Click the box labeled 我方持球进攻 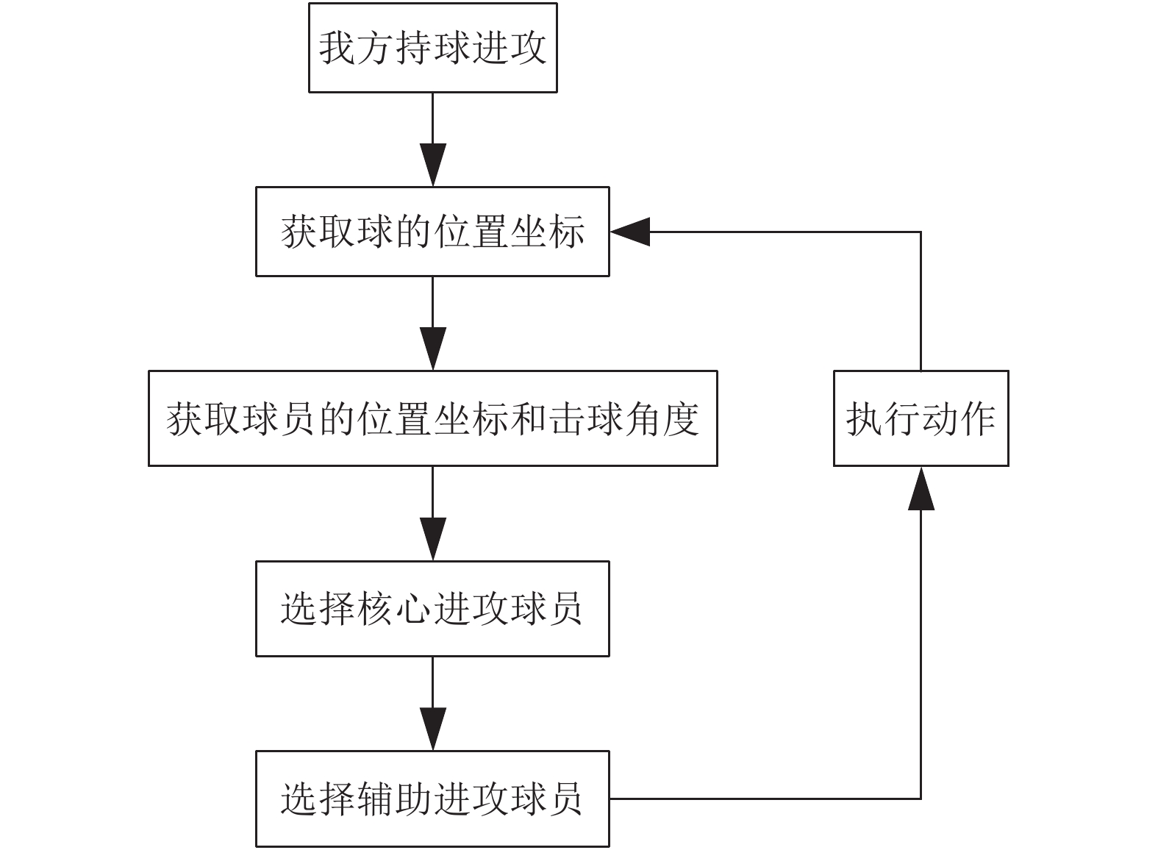[x=433, y=48]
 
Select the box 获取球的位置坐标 [x=433, y=232]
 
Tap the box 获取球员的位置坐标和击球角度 [x=433, y=418]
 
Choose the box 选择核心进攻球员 [x=433, y=609]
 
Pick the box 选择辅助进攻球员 [x=433, y=799]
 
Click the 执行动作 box [x=921, y=418]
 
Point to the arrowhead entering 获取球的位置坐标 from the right [x=629, y=232]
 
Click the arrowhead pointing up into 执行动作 [x=921, y=488]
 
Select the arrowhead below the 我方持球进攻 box [x=433, y=165]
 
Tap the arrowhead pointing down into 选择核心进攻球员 [x=433, y=539]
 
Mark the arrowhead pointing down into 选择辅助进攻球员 [x=433, y=729]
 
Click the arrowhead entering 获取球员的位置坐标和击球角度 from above [x=433, y=349]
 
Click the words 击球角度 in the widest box [x=623, y=419]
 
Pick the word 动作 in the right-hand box [x=959, y=419]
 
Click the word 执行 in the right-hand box [x=883, y=419]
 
